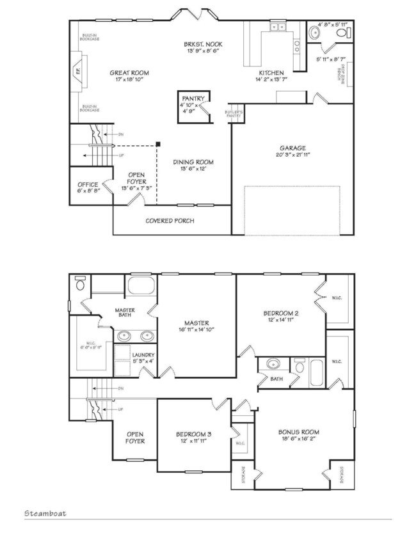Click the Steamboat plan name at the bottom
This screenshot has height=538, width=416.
tap(45, 513)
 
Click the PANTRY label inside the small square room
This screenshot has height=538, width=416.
tap(193, 98)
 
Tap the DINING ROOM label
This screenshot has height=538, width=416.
tap(193, 162)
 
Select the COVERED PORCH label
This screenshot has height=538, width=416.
tap(170, 221)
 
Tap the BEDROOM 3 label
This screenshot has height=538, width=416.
tap(194, 434)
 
